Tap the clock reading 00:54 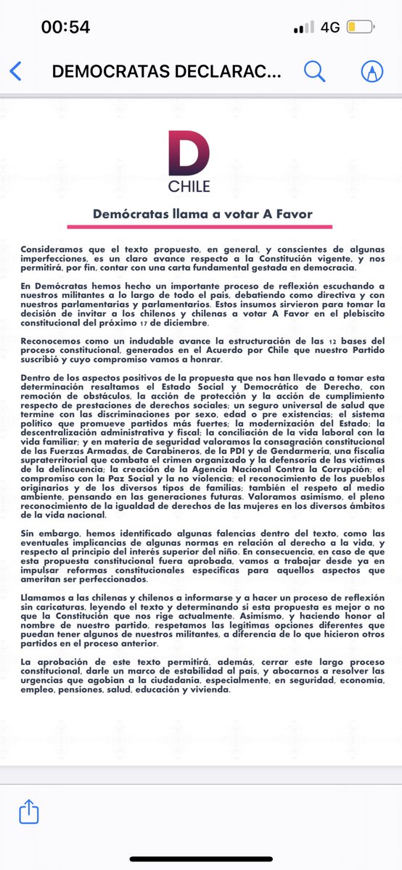click(x=65, y=28)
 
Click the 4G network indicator click(x=330, y=28)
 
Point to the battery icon click(x=361, y=28)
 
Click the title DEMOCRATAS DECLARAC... click(x=165, y=71)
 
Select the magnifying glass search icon click(x=314, y=71)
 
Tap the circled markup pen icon click(x=372, y=71)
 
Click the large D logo click(x=188, y=153)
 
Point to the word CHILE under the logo click(x=189, y=186)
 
